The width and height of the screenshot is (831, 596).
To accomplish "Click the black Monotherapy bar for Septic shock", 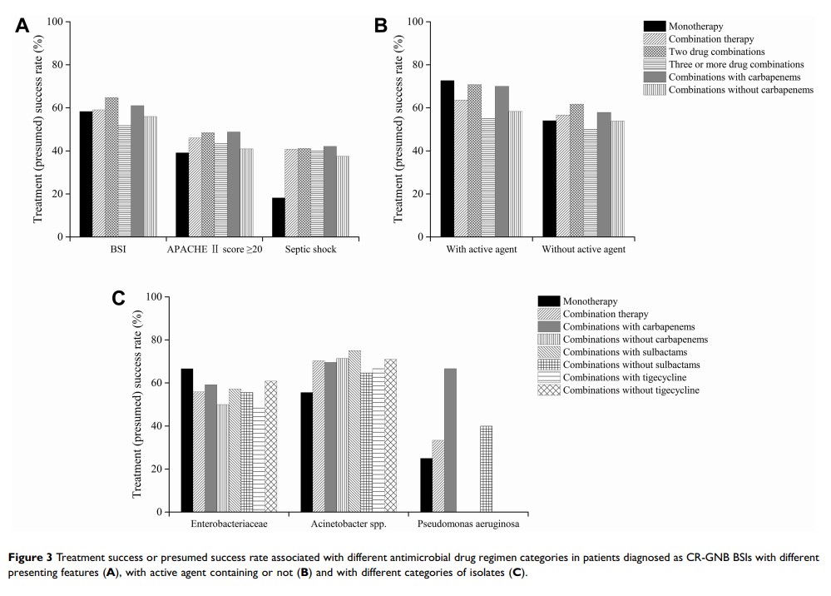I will pyautogui.click(x=279, y=217).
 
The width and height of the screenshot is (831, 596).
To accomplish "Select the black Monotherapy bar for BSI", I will pyautogui.click(x=86, y=174).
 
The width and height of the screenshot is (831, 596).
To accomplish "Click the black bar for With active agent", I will pyautogui.click(x=447, y=158).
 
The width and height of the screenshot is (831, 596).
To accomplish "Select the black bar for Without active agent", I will pyautogui.click(x=549, y=179).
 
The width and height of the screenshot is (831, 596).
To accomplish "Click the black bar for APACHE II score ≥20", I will pyautogui.click(x=182, y=195).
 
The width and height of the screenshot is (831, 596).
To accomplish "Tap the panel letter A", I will pyautogui.click(x=22, y=26).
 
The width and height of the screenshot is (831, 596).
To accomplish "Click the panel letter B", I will pyautogui.click(x=381, y=26).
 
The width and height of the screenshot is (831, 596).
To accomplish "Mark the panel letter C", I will pyautogui.click(x=119, y=298).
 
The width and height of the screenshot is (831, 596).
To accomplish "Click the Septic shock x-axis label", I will pyautogui.click(x=310, y=250).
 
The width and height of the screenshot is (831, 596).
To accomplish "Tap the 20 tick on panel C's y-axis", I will pyautogui.click(x=153, y=469).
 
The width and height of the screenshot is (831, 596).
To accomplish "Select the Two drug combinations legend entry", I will pyautogui.click(x=716, y=52).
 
